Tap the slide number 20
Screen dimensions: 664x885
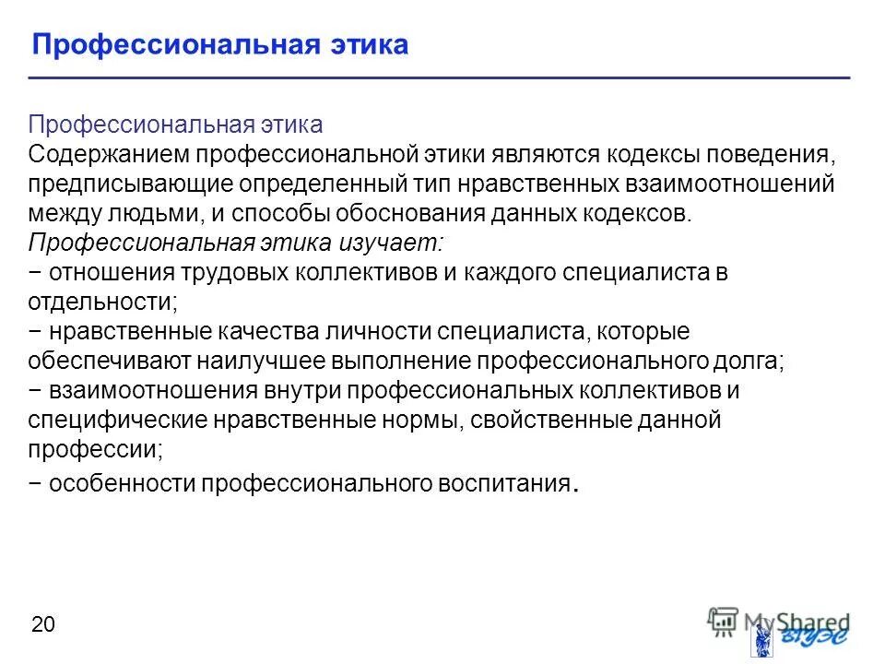(x=43, y=625)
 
